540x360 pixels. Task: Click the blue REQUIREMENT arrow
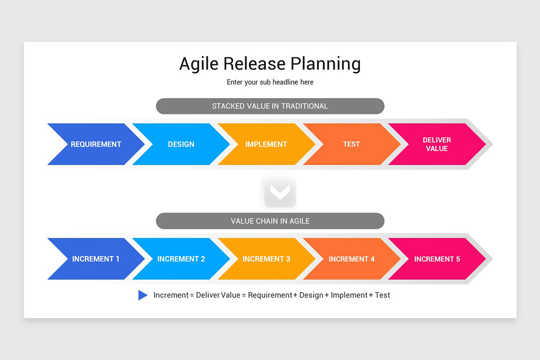tap(96, 144)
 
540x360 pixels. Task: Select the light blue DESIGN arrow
tap(181, 144)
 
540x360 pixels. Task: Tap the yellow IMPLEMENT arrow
tap(266, 144)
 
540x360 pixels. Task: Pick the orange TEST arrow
tap(351, 144)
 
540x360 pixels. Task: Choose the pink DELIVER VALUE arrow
tap(436, 144)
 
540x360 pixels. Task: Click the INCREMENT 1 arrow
tap(96, 259)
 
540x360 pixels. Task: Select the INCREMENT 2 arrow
tap(181, 259)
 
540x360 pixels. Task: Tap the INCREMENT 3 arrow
tap(266, 259)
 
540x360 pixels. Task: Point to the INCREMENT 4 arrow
tap(351, 259)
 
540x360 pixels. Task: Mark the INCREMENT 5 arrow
tap(436, 259)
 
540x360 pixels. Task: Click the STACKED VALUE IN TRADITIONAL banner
tap(270, 106)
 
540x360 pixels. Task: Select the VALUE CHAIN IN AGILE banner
tap(270, 221)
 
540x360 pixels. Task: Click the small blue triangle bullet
tap(142, 295)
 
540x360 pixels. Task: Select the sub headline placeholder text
tap(270, 82)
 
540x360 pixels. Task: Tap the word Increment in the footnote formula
tap(171, 295)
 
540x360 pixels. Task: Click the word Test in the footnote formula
tap(382, 295)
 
